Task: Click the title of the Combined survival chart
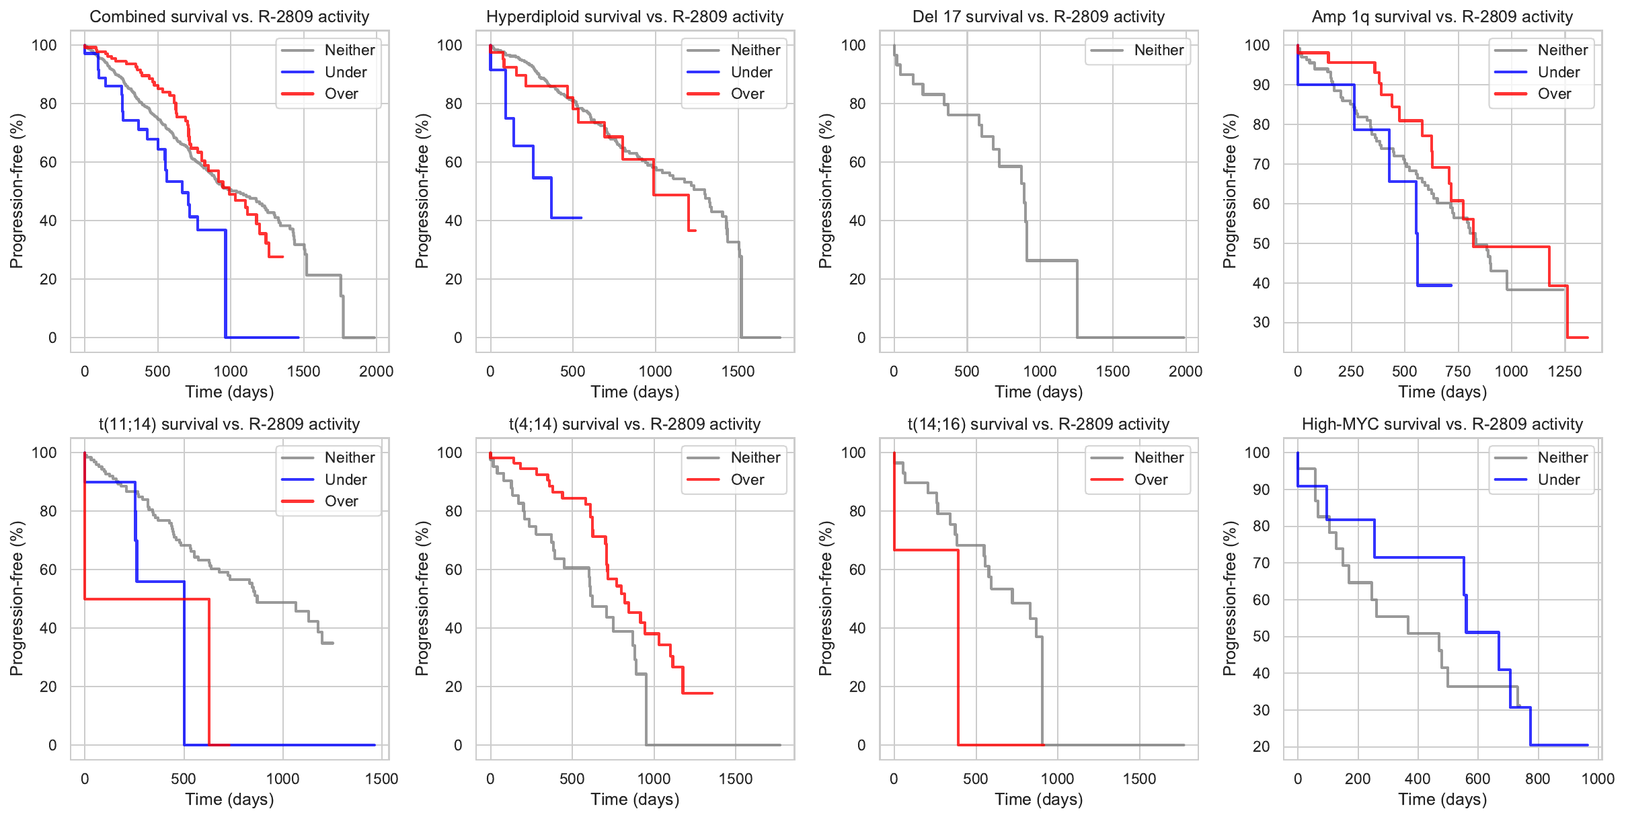229,17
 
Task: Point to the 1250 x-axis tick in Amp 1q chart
1565,371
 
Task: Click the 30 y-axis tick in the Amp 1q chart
1261,323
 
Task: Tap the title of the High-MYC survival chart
1442,424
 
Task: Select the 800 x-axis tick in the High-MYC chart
1538,779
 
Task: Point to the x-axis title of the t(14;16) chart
1039,799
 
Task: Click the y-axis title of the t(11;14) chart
16,598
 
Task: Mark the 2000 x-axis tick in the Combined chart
376,371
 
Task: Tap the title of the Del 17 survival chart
1038,17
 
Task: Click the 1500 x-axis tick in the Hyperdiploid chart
738,371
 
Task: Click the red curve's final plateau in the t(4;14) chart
697,693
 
